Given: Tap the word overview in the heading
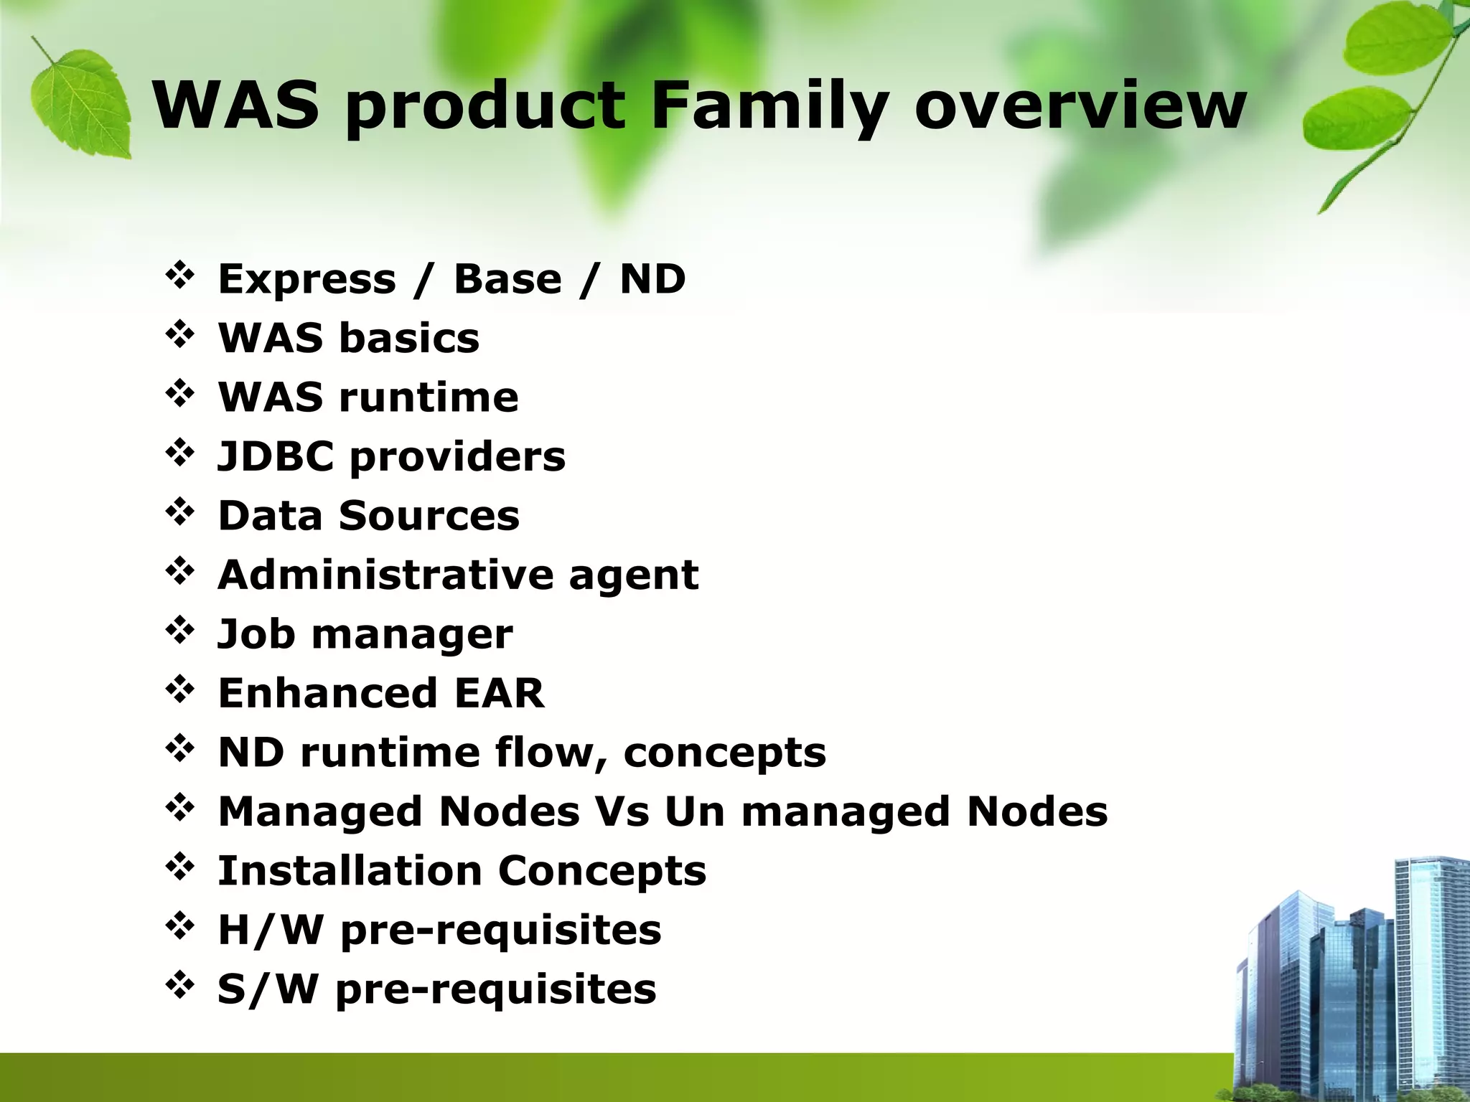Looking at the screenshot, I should point(1080,108).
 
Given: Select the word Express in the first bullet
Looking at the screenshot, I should point(306,279).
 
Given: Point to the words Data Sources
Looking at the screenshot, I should point(368,516).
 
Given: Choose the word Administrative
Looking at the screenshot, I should point(385,575).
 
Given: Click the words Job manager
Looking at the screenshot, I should point(365,634).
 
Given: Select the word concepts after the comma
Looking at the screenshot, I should point(724,753).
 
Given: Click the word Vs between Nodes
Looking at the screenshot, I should point(622,811).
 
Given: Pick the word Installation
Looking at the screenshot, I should point(350,870).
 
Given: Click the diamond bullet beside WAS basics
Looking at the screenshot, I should point(179,335).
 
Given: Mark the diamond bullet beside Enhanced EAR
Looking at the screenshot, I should point(179,690).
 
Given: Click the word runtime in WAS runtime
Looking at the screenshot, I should point(429,397).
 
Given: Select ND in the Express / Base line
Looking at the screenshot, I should point(652,279).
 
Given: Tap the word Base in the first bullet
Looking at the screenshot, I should point(507,279).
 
